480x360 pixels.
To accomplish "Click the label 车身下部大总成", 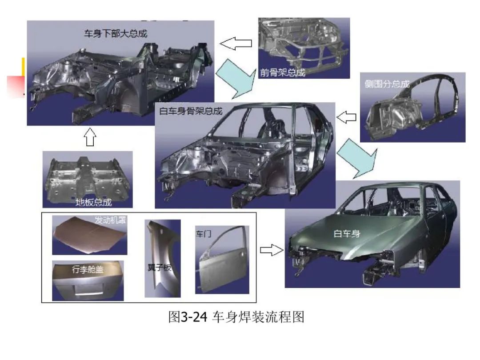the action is pos(116,33).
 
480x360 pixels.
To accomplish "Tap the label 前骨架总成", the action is pos(283,72).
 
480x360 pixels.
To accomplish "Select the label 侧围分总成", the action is pos(387,84).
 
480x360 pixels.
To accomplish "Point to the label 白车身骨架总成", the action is pos(191,111).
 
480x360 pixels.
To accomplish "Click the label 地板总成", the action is pos(94,202).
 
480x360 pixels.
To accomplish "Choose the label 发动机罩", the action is pos(110,220).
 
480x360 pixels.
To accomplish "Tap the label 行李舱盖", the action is pos(88,269).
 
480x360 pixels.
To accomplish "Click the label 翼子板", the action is pos(160,268).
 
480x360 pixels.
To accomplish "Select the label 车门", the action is pos(204,234).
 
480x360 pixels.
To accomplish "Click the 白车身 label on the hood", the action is pos(347,234).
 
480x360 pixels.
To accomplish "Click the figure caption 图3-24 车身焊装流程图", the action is pos(236,317).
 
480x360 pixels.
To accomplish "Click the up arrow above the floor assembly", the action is pos(90,137).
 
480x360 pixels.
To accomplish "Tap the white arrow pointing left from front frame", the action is pos(236,43).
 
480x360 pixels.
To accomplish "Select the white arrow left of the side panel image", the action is pos(346,117).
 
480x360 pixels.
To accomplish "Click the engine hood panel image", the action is pos(89,235).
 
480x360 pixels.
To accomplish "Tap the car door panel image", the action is pos(222,260).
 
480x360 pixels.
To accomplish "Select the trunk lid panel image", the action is pos(88,281).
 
